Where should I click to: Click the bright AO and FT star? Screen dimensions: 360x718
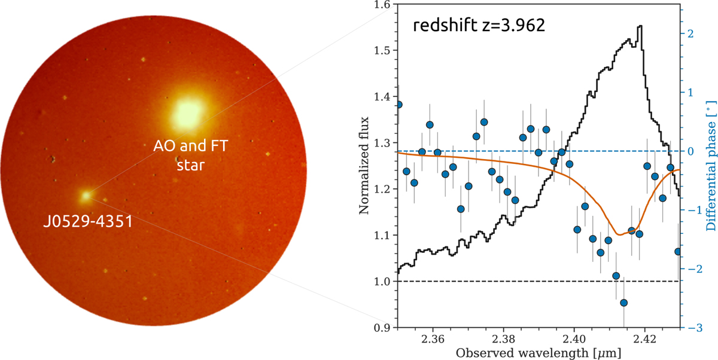188,114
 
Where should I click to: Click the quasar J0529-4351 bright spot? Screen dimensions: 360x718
86,195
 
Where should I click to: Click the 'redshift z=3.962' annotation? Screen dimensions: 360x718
478,28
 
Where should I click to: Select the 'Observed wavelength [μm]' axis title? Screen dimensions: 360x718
538,353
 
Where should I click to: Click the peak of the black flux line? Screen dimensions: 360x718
641,26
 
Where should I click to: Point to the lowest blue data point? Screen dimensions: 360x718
623,303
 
